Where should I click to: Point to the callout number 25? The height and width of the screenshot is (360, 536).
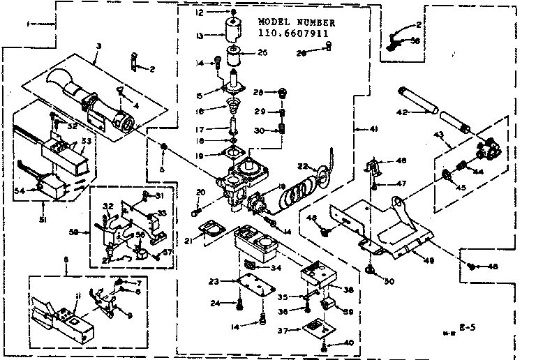pos(262,52)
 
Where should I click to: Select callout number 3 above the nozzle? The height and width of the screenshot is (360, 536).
pos(98,45)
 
